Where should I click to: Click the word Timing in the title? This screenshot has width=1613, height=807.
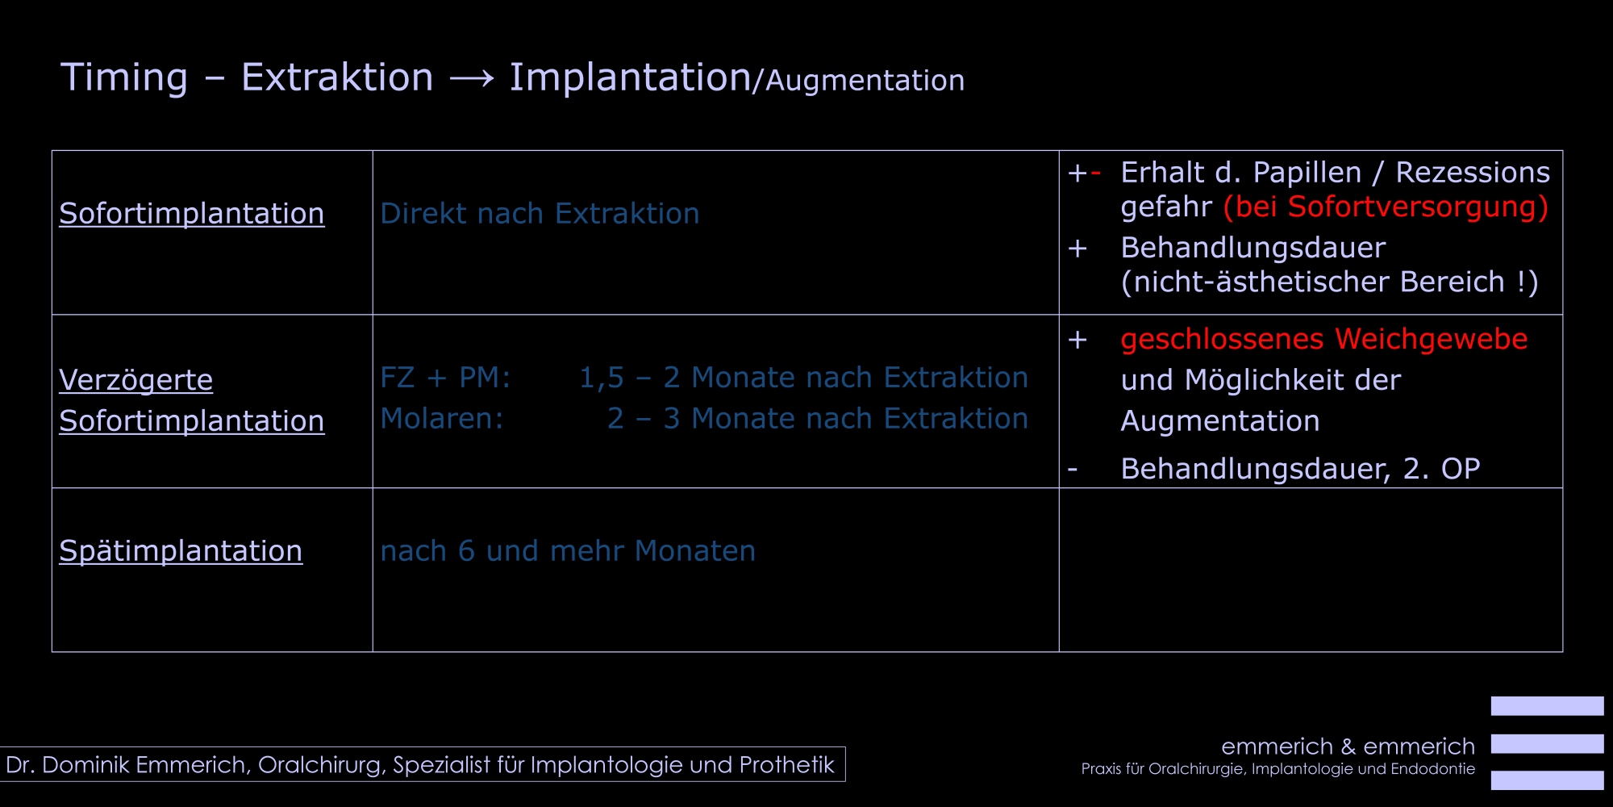tap(124, 78)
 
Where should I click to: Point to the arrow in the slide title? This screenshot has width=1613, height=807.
tap(472, 78)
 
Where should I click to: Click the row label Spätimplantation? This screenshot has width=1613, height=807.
tap(181, 551)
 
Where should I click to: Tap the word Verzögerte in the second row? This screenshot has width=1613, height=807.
tap(136, 380)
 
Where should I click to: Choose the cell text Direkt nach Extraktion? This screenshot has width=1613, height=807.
tap(540, 214)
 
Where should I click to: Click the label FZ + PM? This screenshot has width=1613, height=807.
tap(445, 378)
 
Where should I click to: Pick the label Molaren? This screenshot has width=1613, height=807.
tap(442, 419)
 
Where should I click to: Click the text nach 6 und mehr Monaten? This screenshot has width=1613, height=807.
tap(568, 551)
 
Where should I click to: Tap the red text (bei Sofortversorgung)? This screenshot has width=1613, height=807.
tap(1386, 207)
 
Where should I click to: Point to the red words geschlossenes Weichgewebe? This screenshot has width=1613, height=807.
tap(1324, 340)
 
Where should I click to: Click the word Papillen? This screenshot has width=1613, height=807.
tap(1307, 173)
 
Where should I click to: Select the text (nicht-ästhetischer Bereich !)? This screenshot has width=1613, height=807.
tap(1330, 282)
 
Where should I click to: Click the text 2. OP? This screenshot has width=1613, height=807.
tap(1441, 469)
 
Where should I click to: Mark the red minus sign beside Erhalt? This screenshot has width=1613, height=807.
tap(1095, 173)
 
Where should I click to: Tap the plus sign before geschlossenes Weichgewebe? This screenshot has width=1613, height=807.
tap(1077, 340)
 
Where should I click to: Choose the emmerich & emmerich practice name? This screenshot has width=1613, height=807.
tap(1348, 746)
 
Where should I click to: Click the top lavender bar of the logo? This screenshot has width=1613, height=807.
tap(1547, 706)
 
